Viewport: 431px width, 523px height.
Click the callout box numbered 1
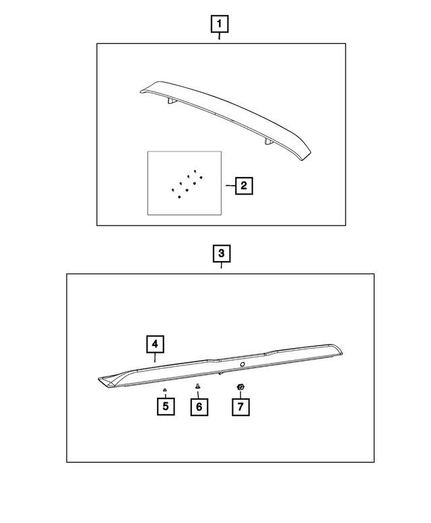point(220,24)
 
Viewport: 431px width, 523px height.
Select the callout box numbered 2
point(244,186)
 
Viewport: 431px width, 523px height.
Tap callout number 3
point(222,254)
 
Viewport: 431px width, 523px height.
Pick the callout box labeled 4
point(155,344)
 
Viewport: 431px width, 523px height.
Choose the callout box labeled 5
point(166,407)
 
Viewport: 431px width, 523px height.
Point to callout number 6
point(199,407)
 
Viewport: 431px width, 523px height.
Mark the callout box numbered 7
point(240,407)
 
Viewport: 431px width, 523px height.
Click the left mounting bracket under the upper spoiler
point(172,102)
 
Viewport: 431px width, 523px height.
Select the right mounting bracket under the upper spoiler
point(269,141)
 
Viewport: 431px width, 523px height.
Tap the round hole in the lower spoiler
point(242,364)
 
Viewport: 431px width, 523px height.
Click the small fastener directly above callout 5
point(164,390)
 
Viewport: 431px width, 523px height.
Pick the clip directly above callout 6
point(197,387)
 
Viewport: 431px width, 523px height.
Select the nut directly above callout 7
point(240,387)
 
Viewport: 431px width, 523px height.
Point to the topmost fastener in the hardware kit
point(195,171)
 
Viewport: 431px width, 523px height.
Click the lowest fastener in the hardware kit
point(180,197)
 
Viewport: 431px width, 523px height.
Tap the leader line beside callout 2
point(230,186)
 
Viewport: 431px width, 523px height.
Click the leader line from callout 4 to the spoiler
point(155,357)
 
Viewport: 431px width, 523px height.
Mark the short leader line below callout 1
point(219,36)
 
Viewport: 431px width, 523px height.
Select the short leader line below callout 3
point(221,265)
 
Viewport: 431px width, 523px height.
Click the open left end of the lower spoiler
point(106,381)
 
